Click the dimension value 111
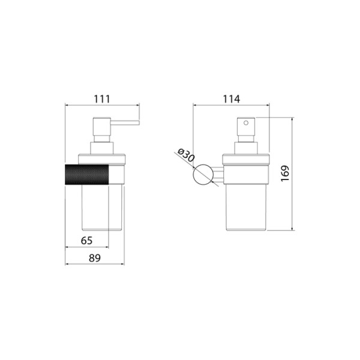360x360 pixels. (x=102, y=99)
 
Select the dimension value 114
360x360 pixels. (x=232, y=99)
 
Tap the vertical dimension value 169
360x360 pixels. (x=285, y=173)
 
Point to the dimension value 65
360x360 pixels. (x=86, y=241)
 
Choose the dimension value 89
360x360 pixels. (x=95, y=258)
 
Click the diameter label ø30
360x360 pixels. (x=186, y=155)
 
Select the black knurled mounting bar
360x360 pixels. (x=87, y=175)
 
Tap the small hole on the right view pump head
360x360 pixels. (x=246, y=123)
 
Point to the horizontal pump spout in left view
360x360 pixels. (x=125, y=122)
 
